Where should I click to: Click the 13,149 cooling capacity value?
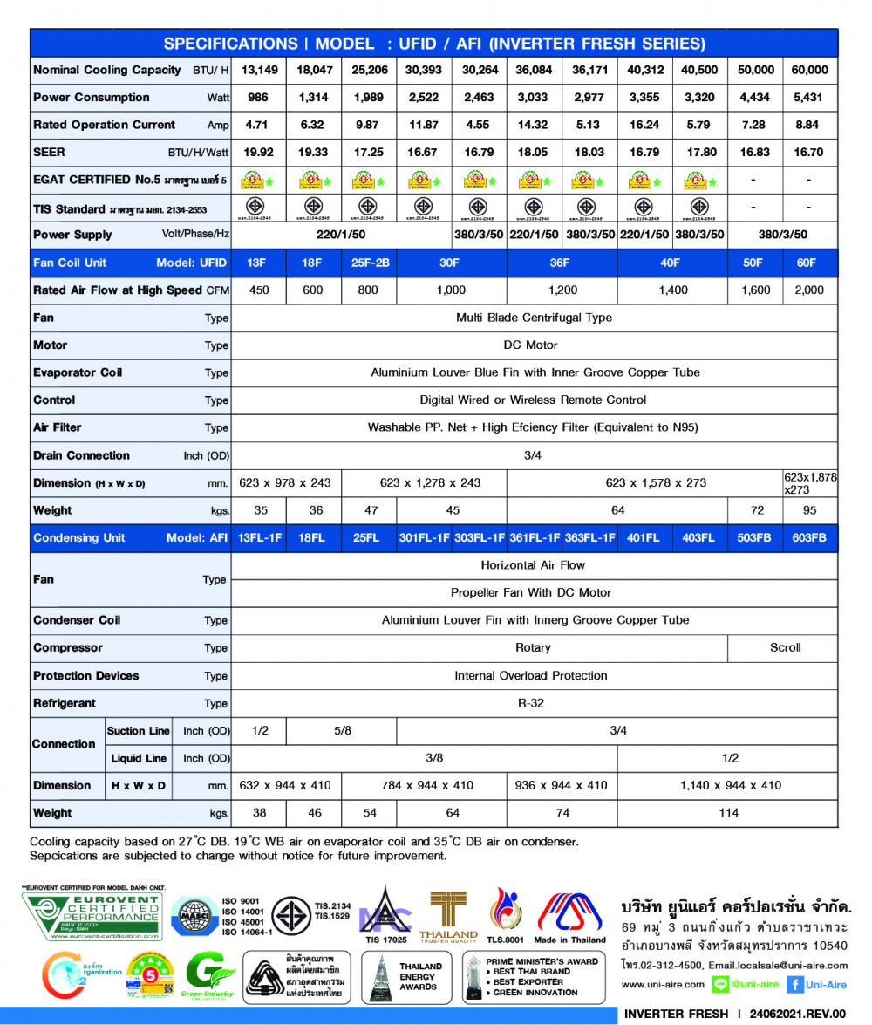click(260, 70)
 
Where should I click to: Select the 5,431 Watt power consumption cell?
click(809, 98)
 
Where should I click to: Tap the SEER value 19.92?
click(260, 153)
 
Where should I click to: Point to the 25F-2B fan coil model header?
click(368, 263)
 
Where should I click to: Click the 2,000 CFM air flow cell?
click(809, 290)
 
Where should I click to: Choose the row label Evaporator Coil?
click(78, 372)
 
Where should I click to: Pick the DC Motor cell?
click(534, 345)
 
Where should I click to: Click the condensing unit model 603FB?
click(809, 538)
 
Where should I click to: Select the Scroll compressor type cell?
click(785, 648)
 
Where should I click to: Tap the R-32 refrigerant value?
click(534, 703)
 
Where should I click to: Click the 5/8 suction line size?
click(342, 731)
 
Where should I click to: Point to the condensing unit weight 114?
click(728, 813)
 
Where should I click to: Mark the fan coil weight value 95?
click(809, 510)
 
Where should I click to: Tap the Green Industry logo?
click(208, 975)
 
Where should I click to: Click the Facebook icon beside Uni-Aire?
click(795, 985)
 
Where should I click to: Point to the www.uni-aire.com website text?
click(663, 985)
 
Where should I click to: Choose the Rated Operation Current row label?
click(104, 125)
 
